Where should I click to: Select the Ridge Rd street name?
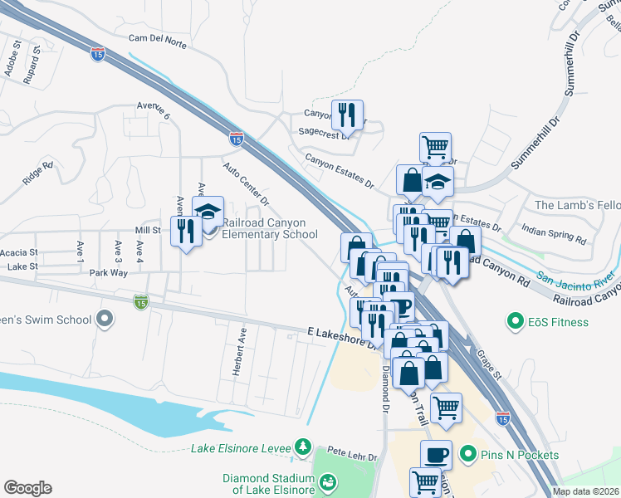tap(38, 177)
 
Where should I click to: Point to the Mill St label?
tap(147, 230)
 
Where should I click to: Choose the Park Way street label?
tap(109, 272)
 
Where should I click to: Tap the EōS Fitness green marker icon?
tap(515, 321)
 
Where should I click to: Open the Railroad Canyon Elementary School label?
tap(268, 229)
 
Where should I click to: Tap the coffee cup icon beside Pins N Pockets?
tap(437, 454)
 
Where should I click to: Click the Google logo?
tap(27, 488)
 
